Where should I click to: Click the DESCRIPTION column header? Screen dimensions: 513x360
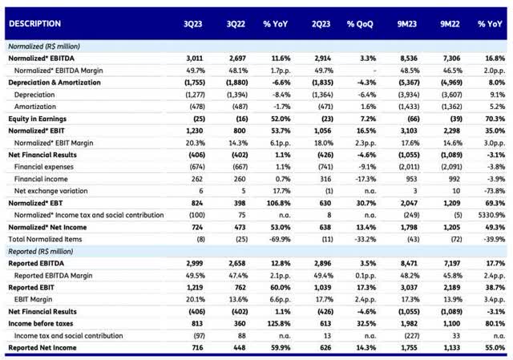pos(34,23)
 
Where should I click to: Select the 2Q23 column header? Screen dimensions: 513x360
pos(321,24)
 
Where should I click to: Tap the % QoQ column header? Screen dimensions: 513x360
pos(360,24)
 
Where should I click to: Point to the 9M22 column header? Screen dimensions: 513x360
pos(450,24)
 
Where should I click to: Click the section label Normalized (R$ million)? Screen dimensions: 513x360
pos(44,47)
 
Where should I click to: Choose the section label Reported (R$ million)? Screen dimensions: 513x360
pos(41,251)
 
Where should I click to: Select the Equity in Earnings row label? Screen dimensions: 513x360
pos(38,119)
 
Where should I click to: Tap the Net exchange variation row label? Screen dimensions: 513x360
pos(50,191)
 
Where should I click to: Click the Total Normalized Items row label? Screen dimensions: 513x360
pos(45,239)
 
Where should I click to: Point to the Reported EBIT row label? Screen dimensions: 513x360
pos(31,287)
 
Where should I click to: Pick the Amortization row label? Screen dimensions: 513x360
pos(35,107)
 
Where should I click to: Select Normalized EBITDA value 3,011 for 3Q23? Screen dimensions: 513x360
pos(195,59)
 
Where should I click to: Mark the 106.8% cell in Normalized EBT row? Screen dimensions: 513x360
pos(278,203)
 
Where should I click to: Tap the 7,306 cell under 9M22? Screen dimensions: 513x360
pos(452,59)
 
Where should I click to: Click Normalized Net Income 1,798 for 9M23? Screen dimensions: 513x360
pos(409,227)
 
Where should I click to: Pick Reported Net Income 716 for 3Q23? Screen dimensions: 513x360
pos(198,347)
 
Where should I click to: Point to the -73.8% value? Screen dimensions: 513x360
pos(495,191)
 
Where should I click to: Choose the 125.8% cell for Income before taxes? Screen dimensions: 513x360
pos(278,324)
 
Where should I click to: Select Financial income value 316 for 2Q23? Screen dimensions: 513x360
pos(325,179)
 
